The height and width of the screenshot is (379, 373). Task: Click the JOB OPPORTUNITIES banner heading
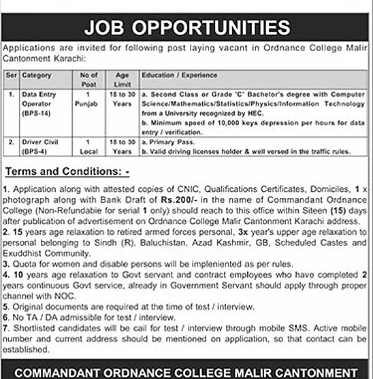[186, 28]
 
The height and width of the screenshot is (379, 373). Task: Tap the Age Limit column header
[123, 78]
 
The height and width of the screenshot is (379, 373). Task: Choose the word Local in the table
[89, 150]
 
